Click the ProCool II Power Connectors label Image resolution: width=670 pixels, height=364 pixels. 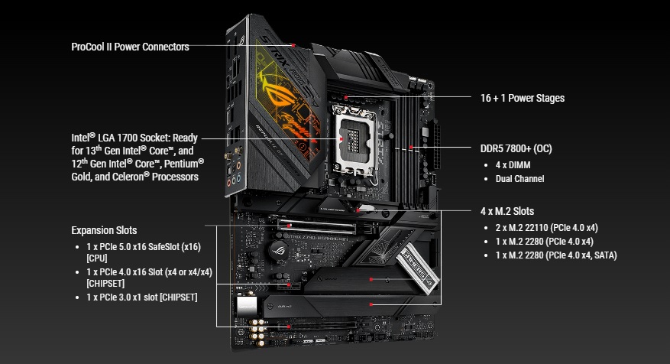[130, 47]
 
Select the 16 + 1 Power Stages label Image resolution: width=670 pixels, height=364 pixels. [522, 98]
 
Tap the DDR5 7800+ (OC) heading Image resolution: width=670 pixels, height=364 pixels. [516, 149]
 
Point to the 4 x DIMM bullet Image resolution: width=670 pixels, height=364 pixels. [513, 165]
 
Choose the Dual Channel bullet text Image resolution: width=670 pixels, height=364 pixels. [519, 179]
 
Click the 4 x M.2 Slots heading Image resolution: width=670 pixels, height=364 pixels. [507, 211]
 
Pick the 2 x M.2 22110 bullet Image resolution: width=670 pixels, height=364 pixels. [546, 228]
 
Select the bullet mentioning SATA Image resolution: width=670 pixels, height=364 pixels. [556, 255]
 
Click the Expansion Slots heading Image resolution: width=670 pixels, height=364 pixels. [104, 230]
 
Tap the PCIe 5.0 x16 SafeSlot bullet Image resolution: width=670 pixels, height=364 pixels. [144, 252]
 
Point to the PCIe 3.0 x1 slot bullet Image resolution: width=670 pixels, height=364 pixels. [142, 297]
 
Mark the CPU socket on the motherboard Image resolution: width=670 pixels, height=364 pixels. [354, 141]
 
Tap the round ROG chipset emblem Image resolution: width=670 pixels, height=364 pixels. [279, 249]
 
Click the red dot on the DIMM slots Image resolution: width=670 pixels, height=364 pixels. [411, 147]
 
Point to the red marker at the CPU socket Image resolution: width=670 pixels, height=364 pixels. [341, 138]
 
